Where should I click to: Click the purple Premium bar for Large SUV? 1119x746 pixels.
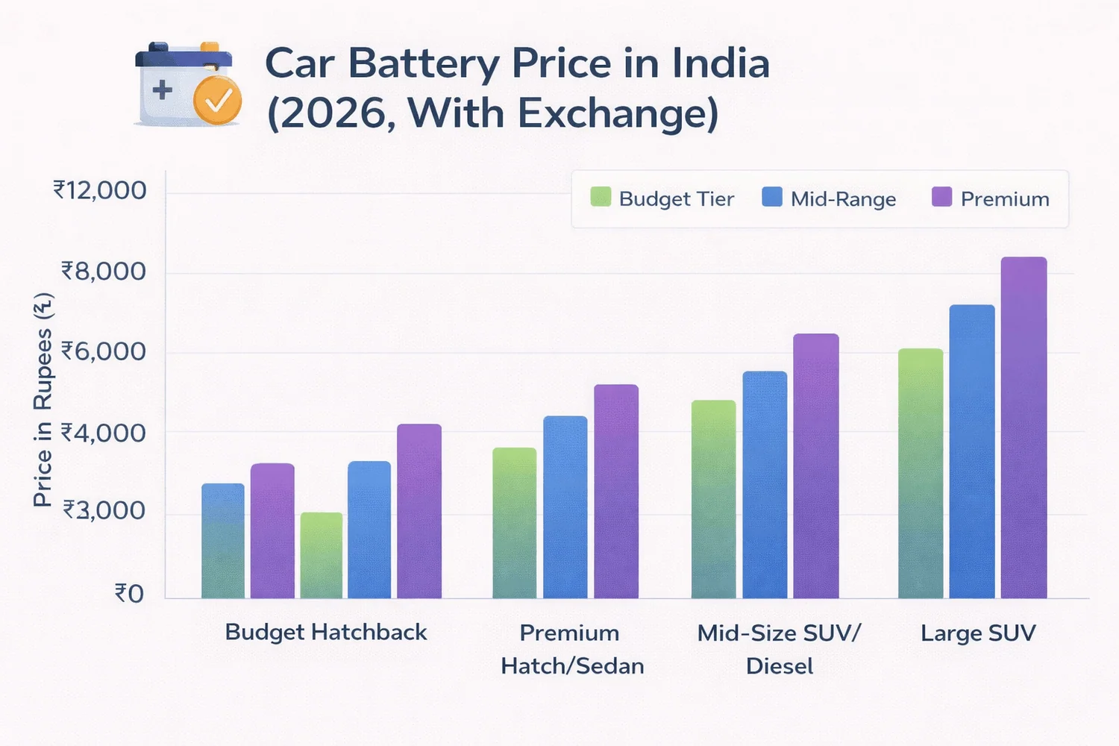click(x=1024, y=429)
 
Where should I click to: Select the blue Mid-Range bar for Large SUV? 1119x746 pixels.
click(x=971, y=452)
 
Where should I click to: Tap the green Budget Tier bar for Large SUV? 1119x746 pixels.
click(x=920, y=474)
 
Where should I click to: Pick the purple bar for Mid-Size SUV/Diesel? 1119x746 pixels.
click(x=815, y=466)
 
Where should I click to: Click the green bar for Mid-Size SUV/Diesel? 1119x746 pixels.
click(x=713, y=500)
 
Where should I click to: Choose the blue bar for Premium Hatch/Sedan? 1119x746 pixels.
click(x=565, y=507)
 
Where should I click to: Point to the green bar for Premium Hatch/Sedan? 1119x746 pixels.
click(x=514, y=523)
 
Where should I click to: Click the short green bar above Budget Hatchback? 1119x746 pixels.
click(x=322, y=556)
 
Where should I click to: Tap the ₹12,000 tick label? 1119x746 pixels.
click(x=99, y=191)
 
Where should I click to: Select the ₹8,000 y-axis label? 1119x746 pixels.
click(x=103, y=272)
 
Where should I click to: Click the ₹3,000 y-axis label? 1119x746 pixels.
click(x=103, y=511)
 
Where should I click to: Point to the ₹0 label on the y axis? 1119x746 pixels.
click(x=128, y=594)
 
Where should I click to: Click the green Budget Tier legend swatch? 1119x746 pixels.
click(x=601, y=197)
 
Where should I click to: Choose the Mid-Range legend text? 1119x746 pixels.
click(x=843, y=199)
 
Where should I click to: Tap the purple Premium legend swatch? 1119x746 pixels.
click(x=941, y=197)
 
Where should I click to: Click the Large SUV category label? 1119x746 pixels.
click(x=977, y=633)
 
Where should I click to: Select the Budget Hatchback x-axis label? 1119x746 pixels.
click(x=326, y=632)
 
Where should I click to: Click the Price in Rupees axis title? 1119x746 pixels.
click(x=43, y=401)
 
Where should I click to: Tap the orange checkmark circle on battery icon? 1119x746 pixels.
click(x=217, y=100)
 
